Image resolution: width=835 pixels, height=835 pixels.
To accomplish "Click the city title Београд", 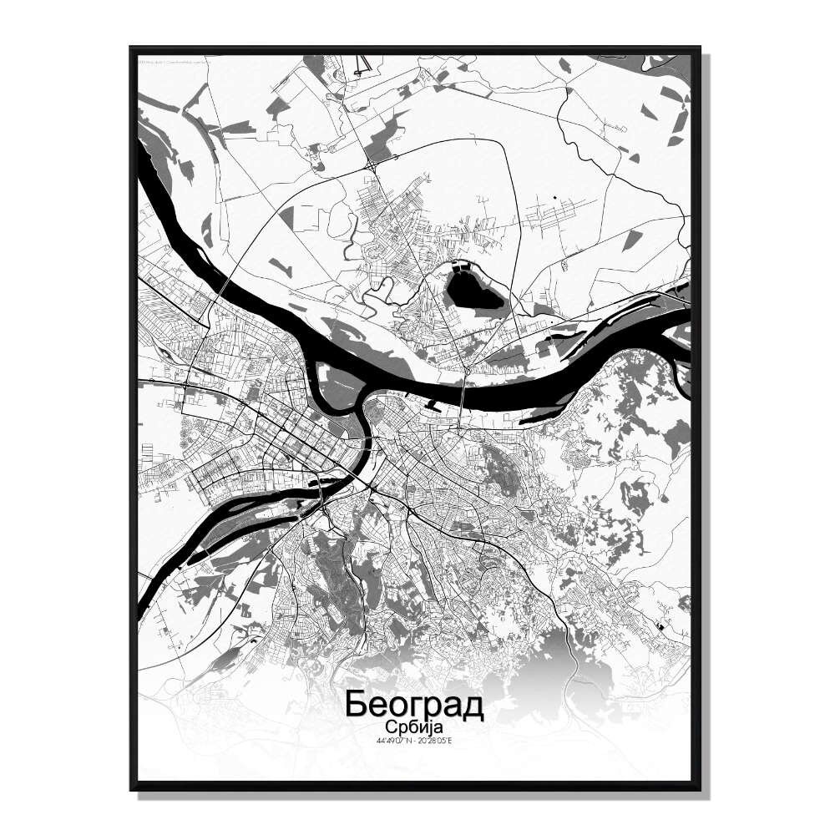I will click(413, 704).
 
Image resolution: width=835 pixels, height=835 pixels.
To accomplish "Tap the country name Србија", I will click(413, 726).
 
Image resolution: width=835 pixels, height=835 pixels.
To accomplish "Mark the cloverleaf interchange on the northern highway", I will click(370, 167).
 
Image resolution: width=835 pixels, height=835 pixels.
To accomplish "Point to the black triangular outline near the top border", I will click(361, 65).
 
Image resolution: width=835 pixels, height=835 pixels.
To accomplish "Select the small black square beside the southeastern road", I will click(660, 625).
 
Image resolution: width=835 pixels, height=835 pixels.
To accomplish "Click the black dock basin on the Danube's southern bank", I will click(433, 407).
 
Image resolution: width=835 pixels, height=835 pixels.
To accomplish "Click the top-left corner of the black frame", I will click(132, 48).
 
